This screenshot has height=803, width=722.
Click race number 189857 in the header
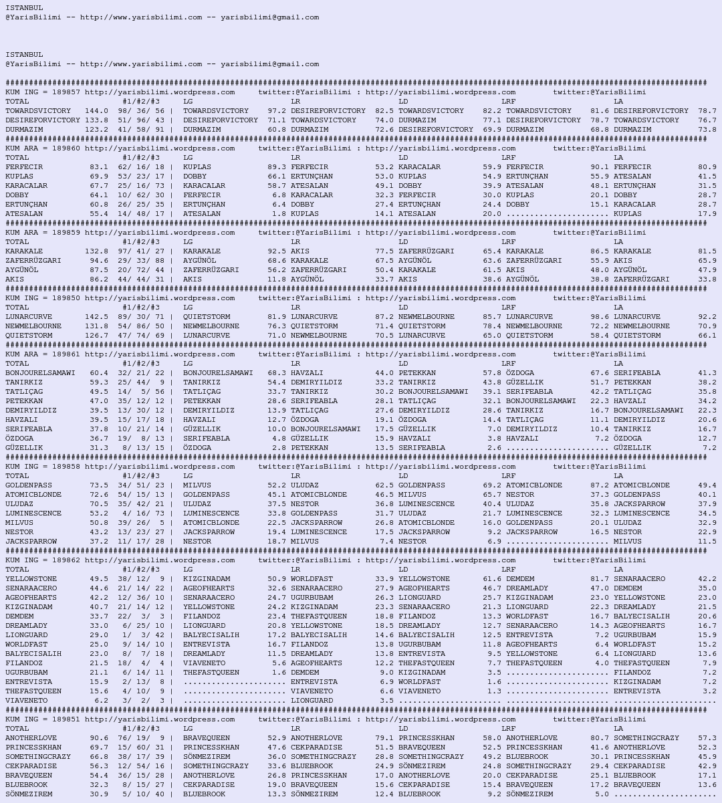[x=66, y=92]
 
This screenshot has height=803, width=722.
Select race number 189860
[x=66, y=148]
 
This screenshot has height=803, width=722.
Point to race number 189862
[x=66, y=560]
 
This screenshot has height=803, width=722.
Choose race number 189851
[x=66, y=719]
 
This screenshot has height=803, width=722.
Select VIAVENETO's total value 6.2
[x=101, y=701]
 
